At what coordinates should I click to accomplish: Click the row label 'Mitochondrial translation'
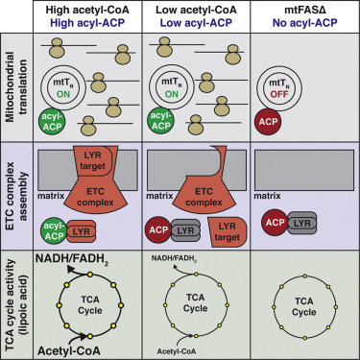click(x=12, y=85)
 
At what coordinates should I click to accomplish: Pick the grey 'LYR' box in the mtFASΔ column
click(x=306, y=223)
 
